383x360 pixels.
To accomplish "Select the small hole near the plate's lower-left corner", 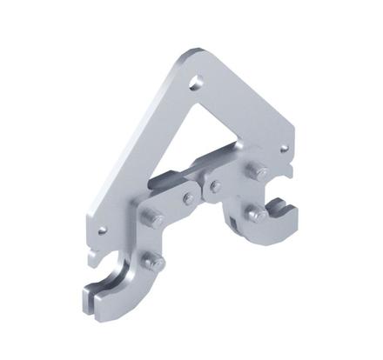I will pos(103,231).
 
